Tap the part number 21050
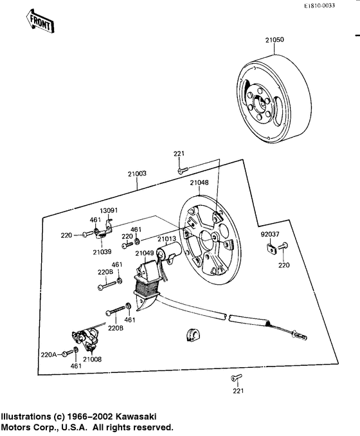(274, 40)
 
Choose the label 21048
(199, 183)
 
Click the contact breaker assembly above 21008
(85, 338)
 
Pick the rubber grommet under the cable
(192, 333)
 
